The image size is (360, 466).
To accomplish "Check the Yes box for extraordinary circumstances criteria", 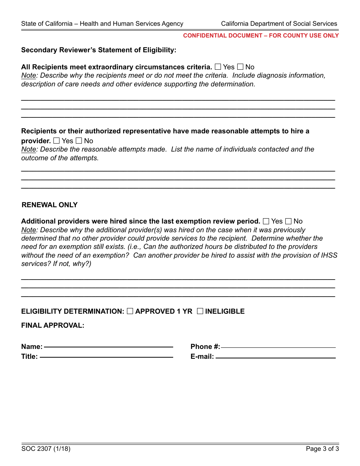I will coord(218,67).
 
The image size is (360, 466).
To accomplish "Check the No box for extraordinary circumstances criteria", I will coord(240,67).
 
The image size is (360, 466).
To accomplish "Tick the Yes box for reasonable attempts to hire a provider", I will coord(56,141).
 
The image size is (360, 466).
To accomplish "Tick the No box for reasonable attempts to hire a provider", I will coord(79,141).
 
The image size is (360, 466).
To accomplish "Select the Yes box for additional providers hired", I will coord(266,221).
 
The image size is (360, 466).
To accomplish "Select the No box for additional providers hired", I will coord(288,221).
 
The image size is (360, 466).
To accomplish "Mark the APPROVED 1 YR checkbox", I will coord(130,311).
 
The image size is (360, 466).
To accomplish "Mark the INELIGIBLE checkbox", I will coord(200,311).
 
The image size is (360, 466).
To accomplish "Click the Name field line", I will coord(108,346).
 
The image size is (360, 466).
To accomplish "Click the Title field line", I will coord(106,356).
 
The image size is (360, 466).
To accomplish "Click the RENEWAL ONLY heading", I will coord(50,205).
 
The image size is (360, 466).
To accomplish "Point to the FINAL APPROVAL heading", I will coord(53,325).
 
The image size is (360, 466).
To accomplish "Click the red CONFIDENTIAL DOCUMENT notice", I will coord(261,36).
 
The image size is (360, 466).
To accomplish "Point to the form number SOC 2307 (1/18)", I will coord(46,449).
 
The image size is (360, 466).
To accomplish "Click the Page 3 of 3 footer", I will coord(322,449).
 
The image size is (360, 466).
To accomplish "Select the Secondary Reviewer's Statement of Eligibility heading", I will coord(99,50).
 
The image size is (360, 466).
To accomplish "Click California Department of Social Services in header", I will coord(279,23).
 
